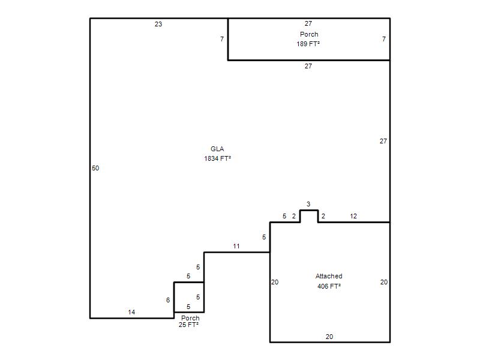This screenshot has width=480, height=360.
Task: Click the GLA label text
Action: pos(217,149)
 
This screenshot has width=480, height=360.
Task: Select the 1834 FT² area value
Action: pos(217,158)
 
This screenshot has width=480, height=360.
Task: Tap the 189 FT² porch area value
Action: pos(308,44)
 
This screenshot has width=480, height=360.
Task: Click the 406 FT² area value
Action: pos(329,286)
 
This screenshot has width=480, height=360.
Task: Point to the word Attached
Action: pos(329,276)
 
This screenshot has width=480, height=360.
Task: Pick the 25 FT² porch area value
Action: pos(188,325)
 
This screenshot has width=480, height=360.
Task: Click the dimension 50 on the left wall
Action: pos(95,168)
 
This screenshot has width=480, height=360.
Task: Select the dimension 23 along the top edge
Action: pos(158,24)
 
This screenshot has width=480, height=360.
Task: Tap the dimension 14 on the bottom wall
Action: pos(131,312)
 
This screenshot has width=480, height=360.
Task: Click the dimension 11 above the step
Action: pos(236,246)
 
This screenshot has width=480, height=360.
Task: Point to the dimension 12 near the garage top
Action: pos(353,216)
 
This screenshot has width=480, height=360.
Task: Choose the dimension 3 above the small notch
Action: pos(308,204)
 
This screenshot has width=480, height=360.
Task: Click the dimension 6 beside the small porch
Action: pos(168,301)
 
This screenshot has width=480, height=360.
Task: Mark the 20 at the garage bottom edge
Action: pos(329,337)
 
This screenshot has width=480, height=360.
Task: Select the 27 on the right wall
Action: pos(383,141)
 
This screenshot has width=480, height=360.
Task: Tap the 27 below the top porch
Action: pos(308,66)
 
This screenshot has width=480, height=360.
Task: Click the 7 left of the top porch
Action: pos(222,39)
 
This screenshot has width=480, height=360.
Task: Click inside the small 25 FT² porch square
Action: pos(189,297)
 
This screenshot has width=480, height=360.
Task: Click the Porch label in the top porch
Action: pos(309,34)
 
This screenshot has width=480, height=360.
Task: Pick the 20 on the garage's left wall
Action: pos(275,282)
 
